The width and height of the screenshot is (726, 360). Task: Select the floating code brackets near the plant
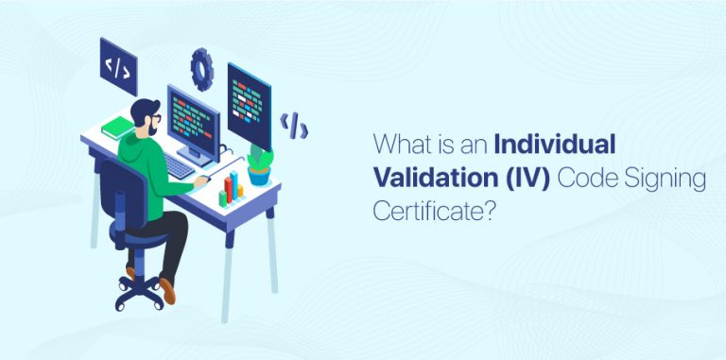click(294, 123)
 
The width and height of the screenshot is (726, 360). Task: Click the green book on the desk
click(118, 127)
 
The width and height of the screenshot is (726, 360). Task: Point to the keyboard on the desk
click(179, 165)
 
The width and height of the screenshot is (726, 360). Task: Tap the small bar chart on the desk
click(231, 192)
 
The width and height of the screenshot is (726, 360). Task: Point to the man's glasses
click(153, 117)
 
